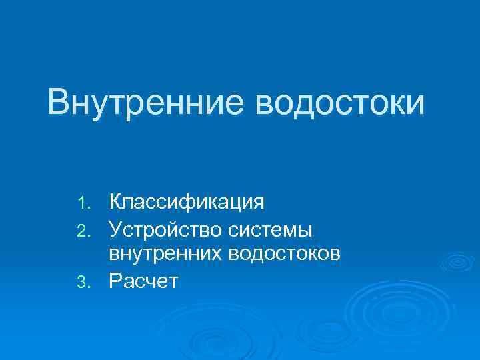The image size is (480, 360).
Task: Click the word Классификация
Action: (187, 201)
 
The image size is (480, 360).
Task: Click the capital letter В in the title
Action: (58, 103)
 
